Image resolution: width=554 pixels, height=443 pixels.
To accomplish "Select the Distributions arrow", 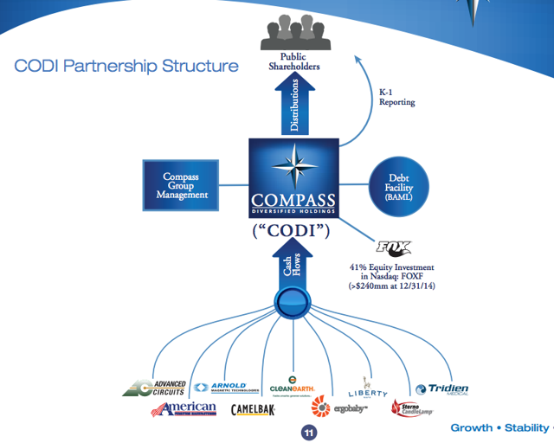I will coord(290,104).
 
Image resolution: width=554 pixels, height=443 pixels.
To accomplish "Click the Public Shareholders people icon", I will coord(291,35).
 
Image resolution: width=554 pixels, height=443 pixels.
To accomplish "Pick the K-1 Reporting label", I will coord(396,96).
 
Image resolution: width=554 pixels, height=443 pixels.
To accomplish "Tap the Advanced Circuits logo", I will coord(155,388).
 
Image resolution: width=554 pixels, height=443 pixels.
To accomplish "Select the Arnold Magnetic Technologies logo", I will coord(220,388).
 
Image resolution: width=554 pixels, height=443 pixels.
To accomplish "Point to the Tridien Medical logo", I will coord(442,391).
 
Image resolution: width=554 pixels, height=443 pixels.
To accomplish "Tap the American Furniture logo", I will coord(184,409).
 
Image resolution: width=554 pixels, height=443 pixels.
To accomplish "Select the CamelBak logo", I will coord(253,409).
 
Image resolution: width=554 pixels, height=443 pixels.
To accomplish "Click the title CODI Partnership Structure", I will coord(126,66).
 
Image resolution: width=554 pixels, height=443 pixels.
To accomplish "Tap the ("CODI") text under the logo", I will coord(291,232).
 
